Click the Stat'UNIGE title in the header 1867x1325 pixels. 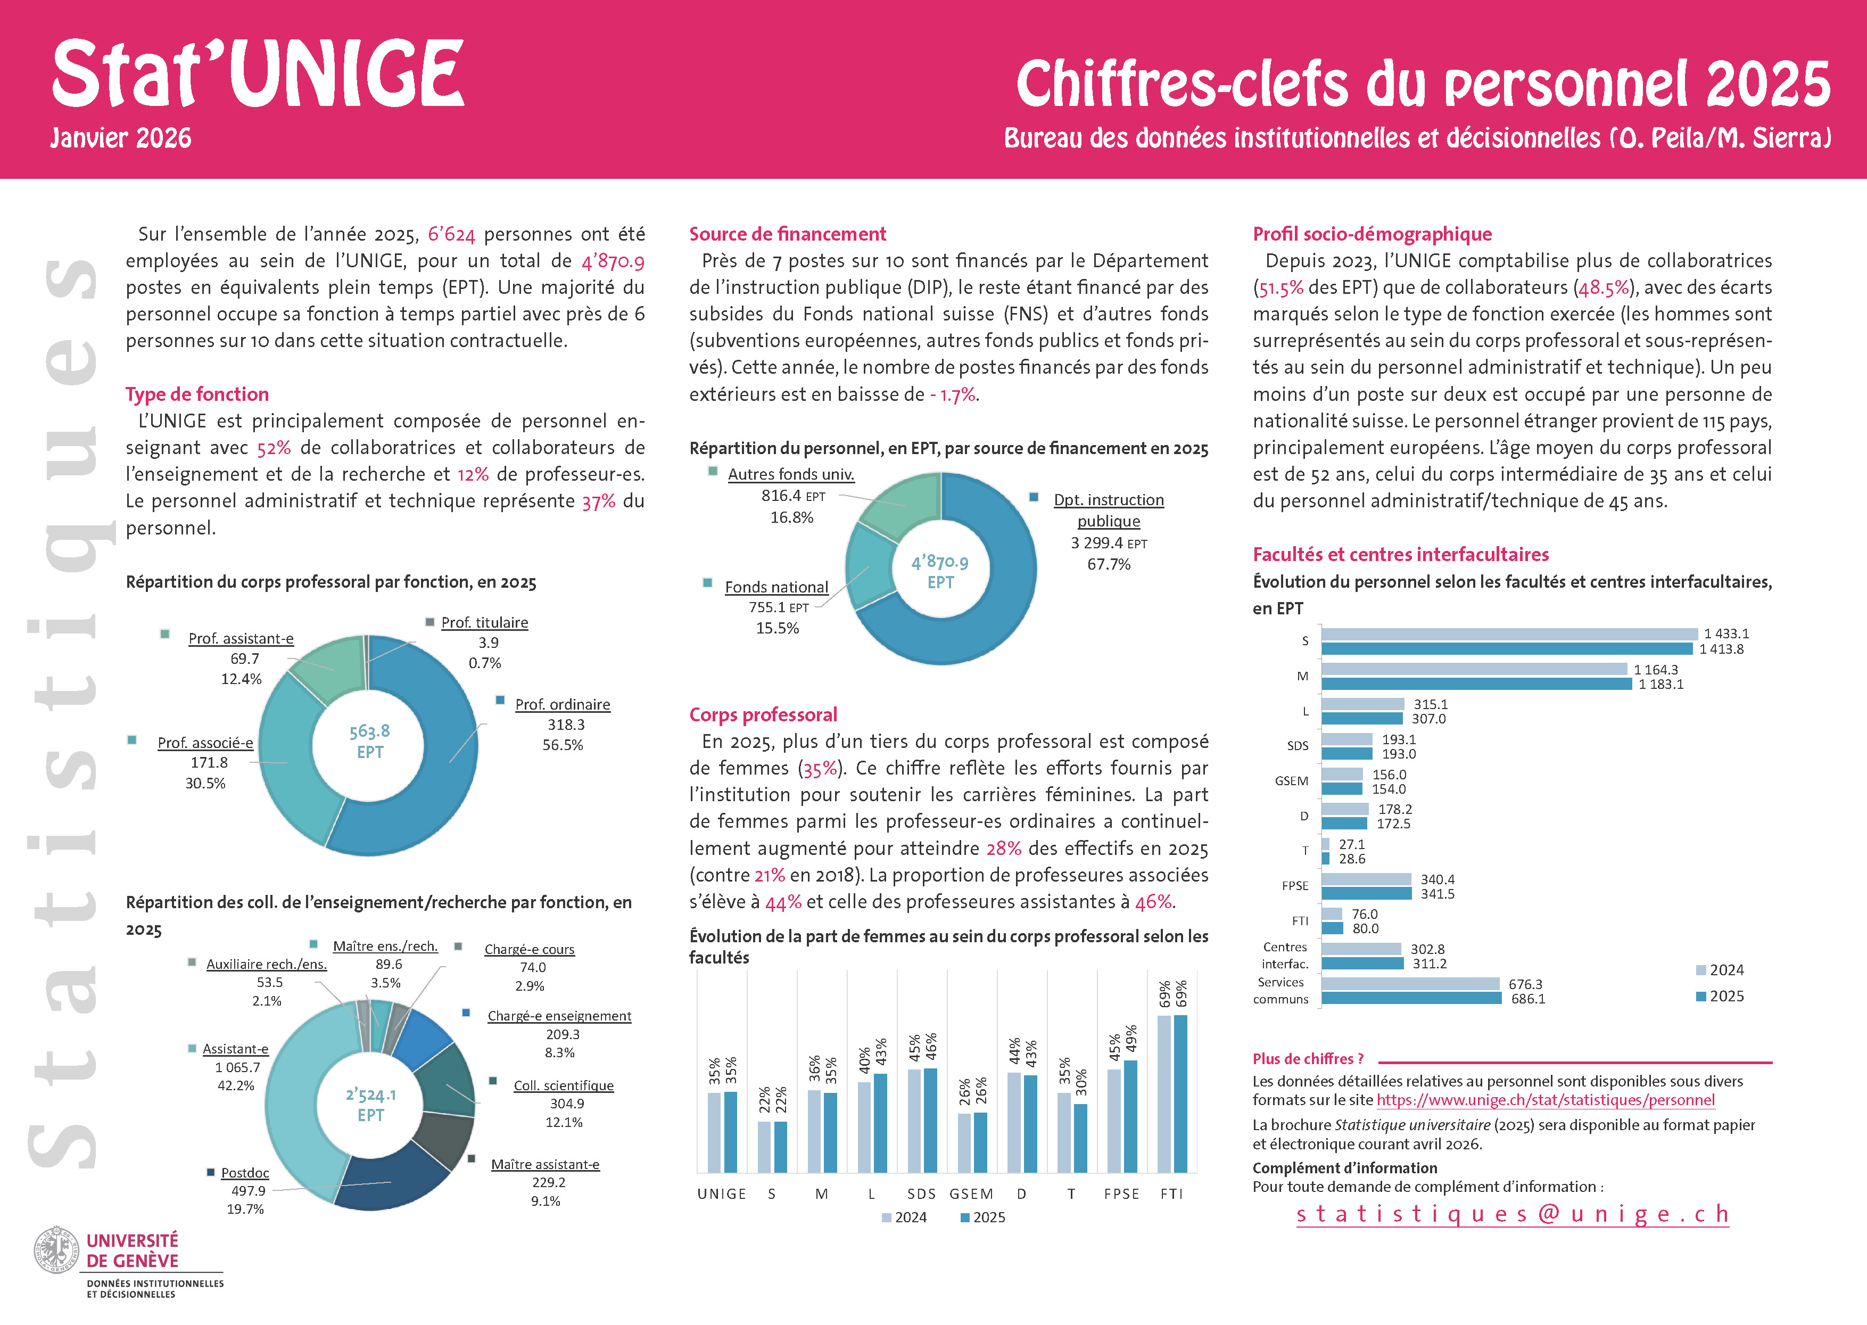(257, 75)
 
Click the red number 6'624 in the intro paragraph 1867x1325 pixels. (451, 235)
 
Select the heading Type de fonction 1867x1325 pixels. (196, 394)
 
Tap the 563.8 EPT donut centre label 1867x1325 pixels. (369, 741)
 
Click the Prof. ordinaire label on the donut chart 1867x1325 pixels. (562, 704)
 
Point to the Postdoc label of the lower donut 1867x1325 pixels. (245, 1172)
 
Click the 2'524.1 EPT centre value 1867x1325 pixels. (370, 1104)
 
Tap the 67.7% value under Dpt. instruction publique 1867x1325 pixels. (1109, 564)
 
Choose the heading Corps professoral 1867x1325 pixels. (763, 715)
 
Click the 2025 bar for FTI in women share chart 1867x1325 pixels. (1180, 1093)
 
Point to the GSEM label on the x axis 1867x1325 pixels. (971, 1194)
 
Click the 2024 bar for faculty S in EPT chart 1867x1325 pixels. (1509, 634)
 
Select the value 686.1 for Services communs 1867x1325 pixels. (1527, 999)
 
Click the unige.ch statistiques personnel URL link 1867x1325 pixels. (1545, 1100)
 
